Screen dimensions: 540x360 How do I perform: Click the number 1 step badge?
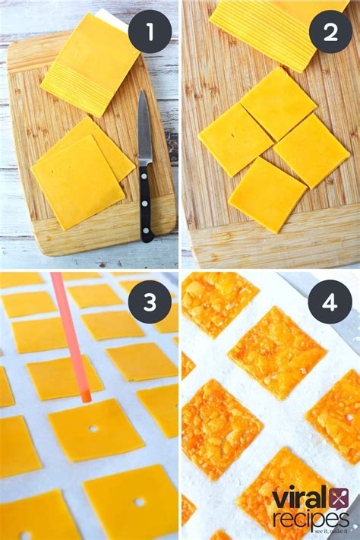coord(149,32)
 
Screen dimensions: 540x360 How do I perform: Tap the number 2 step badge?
coord(331,32)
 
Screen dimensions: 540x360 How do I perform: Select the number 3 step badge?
coord(149,302)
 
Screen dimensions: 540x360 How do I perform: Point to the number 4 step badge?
coord(330,302)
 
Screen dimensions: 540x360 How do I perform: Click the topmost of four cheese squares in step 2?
coord(278,103)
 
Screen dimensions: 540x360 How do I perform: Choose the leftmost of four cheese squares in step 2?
coord(235,140)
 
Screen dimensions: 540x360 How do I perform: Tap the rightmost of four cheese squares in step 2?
coord(311,150)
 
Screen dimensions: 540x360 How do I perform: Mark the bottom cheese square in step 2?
coord(267,195)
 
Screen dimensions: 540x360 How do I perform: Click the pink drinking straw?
coord(71,334)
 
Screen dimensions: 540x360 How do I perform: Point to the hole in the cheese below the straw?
coord(93,429)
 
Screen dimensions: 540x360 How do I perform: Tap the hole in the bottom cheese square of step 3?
coord(139,502)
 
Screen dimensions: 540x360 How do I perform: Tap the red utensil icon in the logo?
coord(338,497)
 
